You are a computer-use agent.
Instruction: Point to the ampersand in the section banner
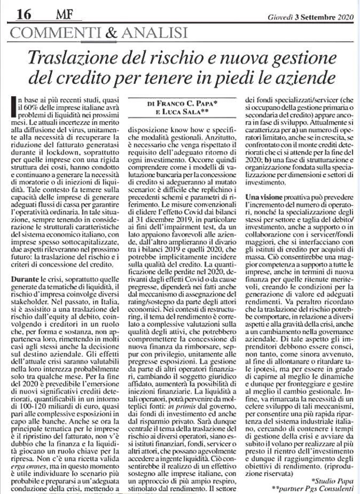tap(111, 32)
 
